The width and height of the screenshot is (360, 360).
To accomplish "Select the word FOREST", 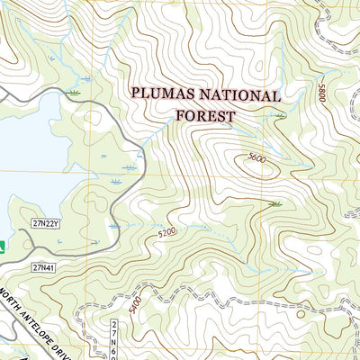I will coord(205,115).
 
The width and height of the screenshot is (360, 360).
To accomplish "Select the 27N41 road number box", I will coord(42,267).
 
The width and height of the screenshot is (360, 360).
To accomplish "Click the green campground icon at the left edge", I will coord(3,244).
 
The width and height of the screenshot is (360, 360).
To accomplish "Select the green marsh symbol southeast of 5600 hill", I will coord(274,203).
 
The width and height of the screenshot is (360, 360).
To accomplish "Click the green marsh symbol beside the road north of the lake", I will coord(75,92).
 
